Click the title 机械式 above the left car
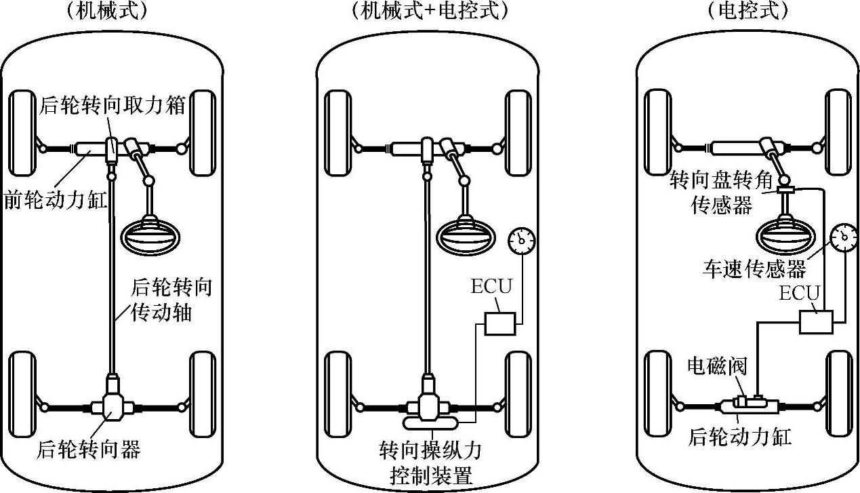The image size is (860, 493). pyautogui.click(x=112, y=11)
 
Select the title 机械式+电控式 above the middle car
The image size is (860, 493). pyautogui.click(x=430, y=11)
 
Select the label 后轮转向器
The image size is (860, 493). pyautogui.click(x=89, y=448)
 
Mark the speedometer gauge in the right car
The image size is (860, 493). pyautogui.click(x=843, y=239)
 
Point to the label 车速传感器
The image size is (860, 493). pyautogui.click(x=754, y=270)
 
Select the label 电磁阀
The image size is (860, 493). pyautogui.click(x=716, y=367)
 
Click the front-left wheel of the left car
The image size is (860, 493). pyautogui.click(x=23, y=134)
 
